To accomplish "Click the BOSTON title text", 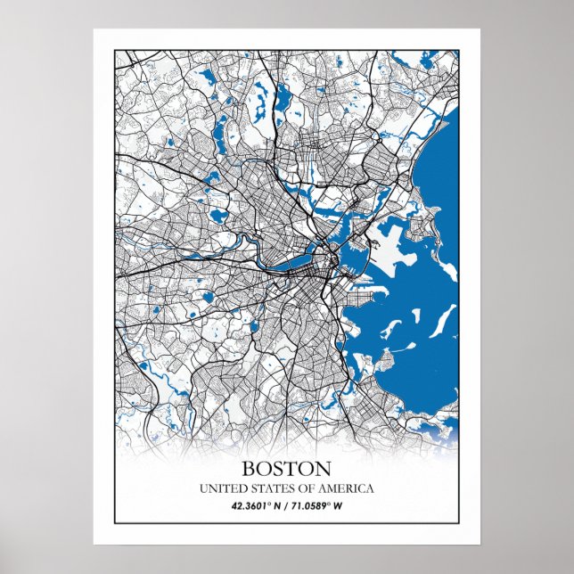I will tap(286, 468).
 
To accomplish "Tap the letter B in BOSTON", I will tap(249, 468).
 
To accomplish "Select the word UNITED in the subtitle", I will tap(220, 488).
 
